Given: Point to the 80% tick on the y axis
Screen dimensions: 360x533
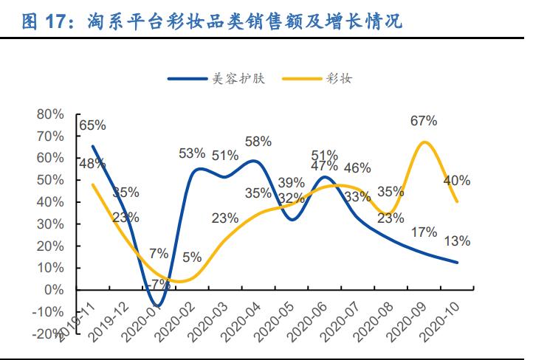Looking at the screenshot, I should (x=50, y=114).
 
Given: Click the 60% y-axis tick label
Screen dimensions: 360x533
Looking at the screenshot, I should (x=50, y=158).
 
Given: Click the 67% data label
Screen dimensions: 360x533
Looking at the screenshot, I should (x=424, y=120).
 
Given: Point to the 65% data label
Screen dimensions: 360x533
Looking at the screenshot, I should (x=93, y=125).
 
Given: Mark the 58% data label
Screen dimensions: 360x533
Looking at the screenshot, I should (x=258, y=141).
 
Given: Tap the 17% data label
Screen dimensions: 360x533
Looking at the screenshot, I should (x=424, y=232).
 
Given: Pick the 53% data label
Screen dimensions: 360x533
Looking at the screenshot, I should (x=192, y=153).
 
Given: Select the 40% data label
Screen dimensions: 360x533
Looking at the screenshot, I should (x=457, y=181).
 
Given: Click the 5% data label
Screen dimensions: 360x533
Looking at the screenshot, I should (x=192, y=257).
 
